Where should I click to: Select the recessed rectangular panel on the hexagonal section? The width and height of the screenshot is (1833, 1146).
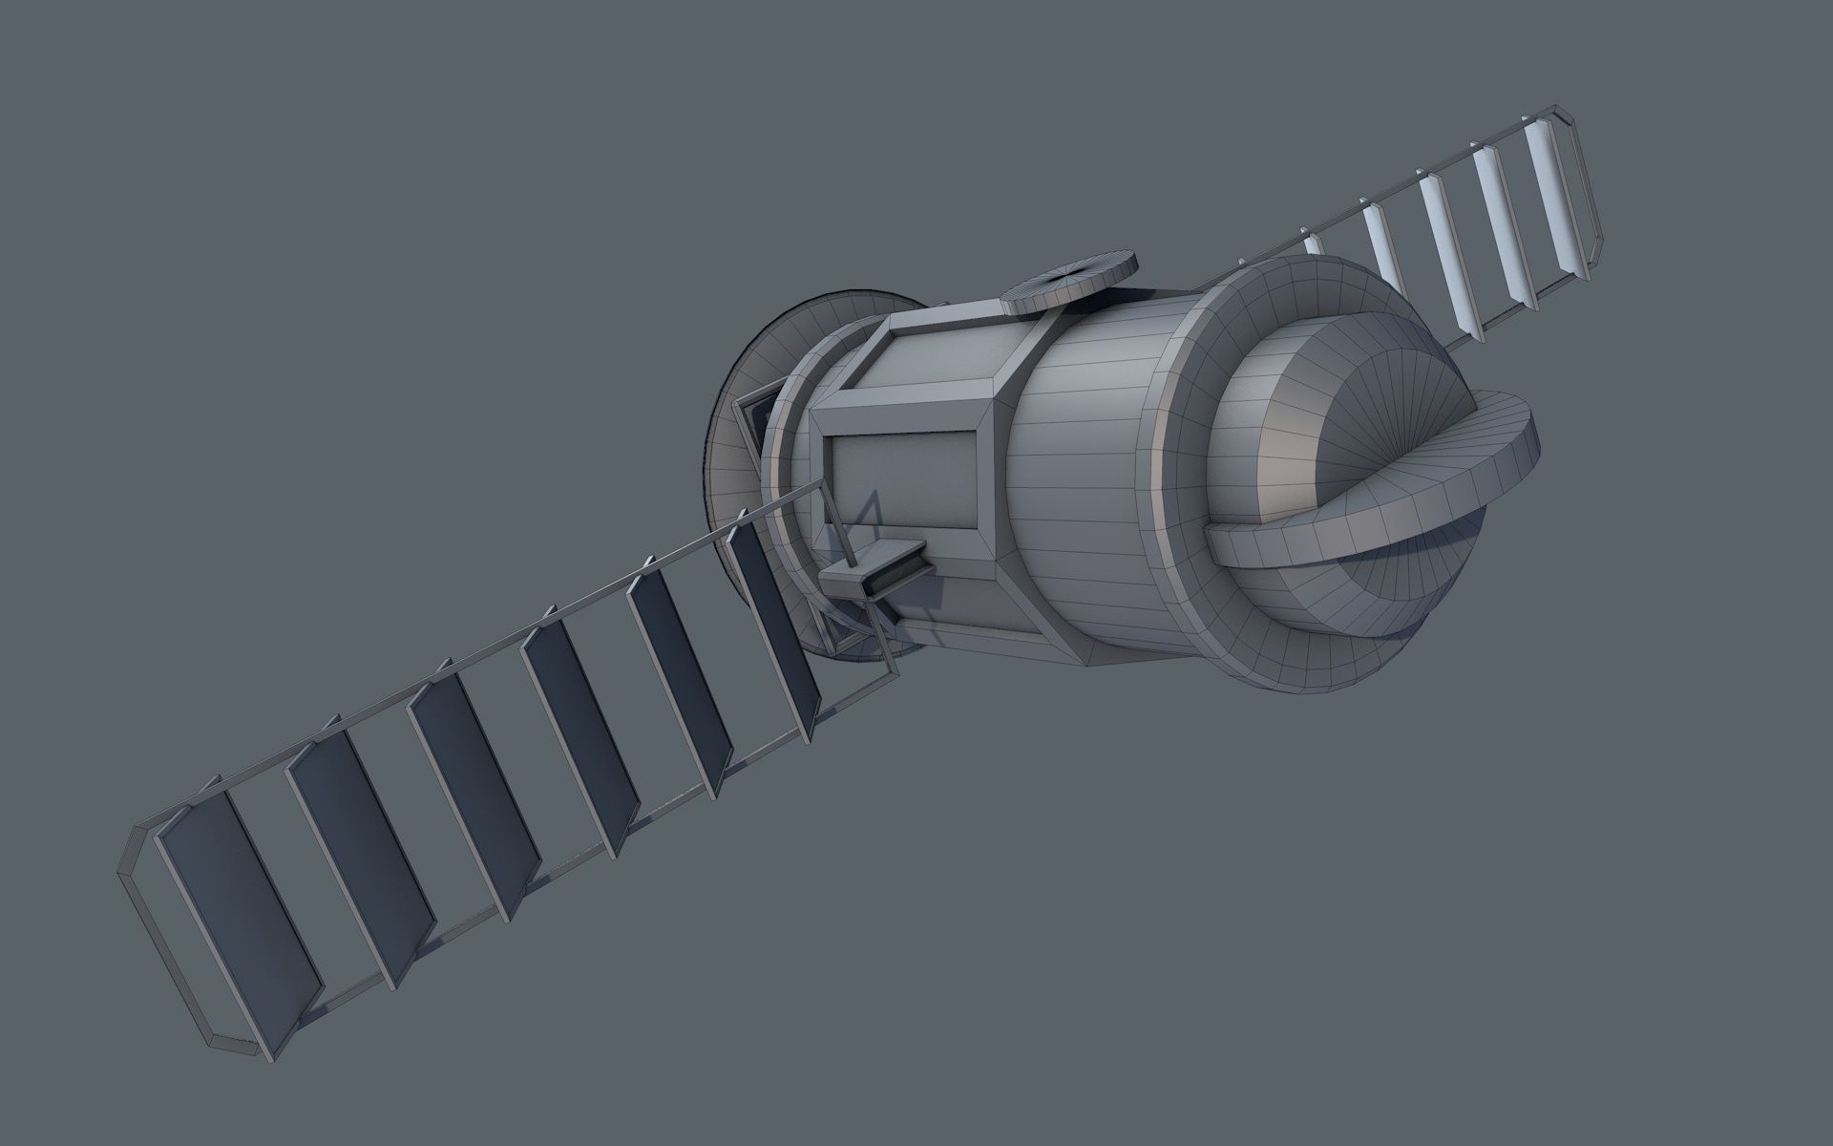tap(903, 477)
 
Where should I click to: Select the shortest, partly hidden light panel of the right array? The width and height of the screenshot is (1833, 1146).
tap(1316, 244)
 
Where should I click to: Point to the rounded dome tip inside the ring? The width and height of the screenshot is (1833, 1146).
tap(1394, 401)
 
